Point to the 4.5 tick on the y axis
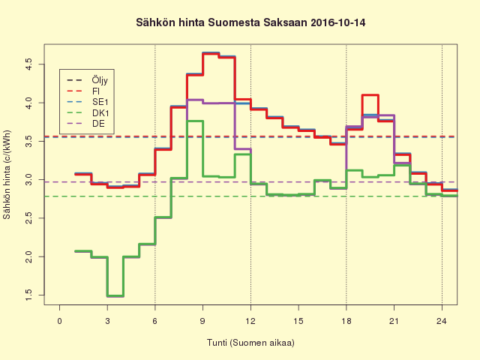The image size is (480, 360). click(x=28, y=63)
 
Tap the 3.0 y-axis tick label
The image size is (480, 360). click(x=28, y=179)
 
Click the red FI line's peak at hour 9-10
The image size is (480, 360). click(x=211, y=54)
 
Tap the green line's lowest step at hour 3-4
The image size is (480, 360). click(x=115, y=295)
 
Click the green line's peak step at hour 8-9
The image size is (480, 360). click(x=195, y=121)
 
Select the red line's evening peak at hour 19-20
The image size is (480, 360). click(x=370, y=95)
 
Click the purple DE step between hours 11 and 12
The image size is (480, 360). click(x=242, y=149)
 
